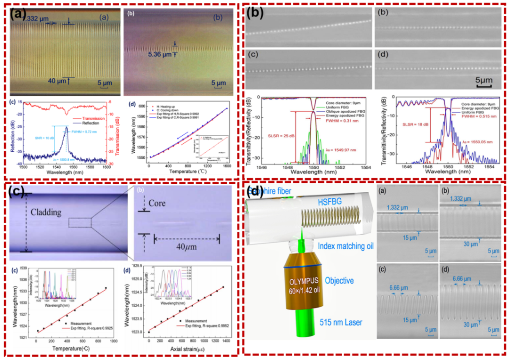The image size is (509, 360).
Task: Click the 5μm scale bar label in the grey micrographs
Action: click(483, 81)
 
